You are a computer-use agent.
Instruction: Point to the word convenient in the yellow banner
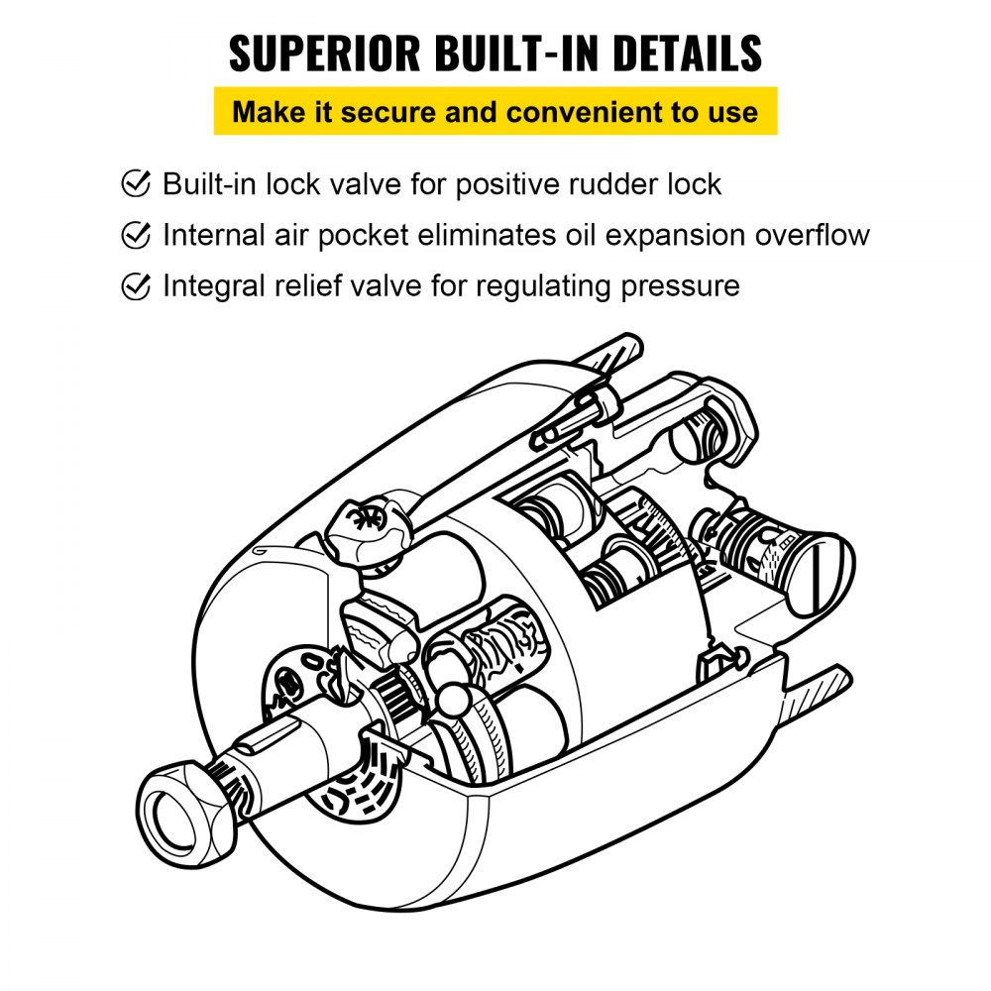[x=585, y=111]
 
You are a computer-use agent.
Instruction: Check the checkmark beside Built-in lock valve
[x=135, y=183]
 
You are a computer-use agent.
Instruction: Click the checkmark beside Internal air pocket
[x=135, y=235]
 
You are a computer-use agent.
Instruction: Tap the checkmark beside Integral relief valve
[x=135, y=286]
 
